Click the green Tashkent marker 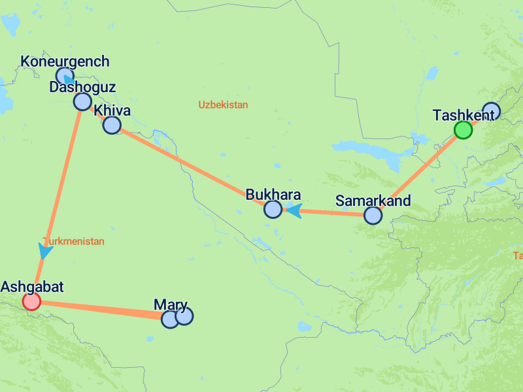(463, 130)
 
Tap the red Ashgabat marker (31, 301)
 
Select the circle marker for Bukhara (273, 209)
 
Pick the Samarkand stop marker (373, 215)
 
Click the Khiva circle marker (112, 125)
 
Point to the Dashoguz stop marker (82, 101)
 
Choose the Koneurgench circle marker (63, 76)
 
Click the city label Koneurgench (65, 61)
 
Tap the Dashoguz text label (82, 87)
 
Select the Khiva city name (112, 110)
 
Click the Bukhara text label (273, 195)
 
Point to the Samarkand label (373, 201)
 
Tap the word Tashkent (464, 115)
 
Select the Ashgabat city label (32, 287)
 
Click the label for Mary (171, 304)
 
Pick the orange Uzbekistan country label (223, 105)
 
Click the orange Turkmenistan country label (73, 241)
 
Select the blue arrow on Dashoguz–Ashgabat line (45, 250)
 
